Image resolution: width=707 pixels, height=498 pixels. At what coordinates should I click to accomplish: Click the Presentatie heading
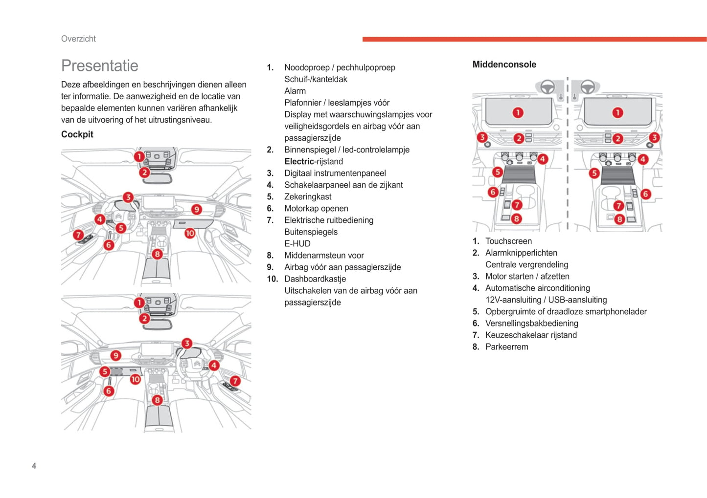(99, 65)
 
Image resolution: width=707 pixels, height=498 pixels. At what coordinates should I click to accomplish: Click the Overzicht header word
(78, 39)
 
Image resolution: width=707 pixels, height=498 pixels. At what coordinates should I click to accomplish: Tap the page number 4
(34, 466)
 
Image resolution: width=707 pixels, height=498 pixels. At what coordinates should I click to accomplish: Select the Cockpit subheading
(77, 134)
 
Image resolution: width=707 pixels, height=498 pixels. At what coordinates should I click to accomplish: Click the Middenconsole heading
(504, 65)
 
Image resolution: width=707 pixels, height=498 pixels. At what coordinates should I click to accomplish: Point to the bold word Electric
(299, 161)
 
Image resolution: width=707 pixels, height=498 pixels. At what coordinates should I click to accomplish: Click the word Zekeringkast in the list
(308, 196)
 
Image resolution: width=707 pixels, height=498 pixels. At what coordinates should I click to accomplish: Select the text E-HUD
(297, 243)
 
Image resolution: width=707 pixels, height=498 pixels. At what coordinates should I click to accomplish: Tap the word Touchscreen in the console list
(508, 241)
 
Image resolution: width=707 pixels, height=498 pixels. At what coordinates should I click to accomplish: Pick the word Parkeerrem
(506, 346)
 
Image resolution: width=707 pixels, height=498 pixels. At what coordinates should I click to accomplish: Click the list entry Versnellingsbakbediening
(531, 323)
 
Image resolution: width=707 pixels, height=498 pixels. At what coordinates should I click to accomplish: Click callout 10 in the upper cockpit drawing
(190, 233)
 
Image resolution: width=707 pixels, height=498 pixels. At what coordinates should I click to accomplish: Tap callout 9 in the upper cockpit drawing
(196, 210)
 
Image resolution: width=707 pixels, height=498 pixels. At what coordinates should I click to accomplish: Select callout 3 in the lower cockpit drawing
(186, 343)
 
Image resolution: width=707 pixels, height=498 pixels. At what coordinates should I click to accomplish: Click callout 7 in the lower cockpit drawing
(235, 381)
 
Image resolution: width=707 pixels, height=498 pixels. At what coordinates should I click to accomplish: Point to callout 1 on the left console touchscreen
(518, 113)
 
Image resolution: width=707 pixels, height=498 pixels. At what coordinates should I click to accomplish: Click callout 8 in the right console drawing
(619, 219)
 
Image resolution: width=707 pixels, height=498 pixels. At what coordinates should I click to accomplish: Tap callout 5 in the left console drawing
(497, 172)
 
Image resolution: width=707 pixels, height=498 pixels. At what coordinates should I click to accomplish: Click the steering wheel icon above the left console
(547, 87)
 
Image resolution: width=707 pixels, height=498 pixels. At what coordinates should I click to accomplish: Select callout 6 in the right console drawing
(645, 194)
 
